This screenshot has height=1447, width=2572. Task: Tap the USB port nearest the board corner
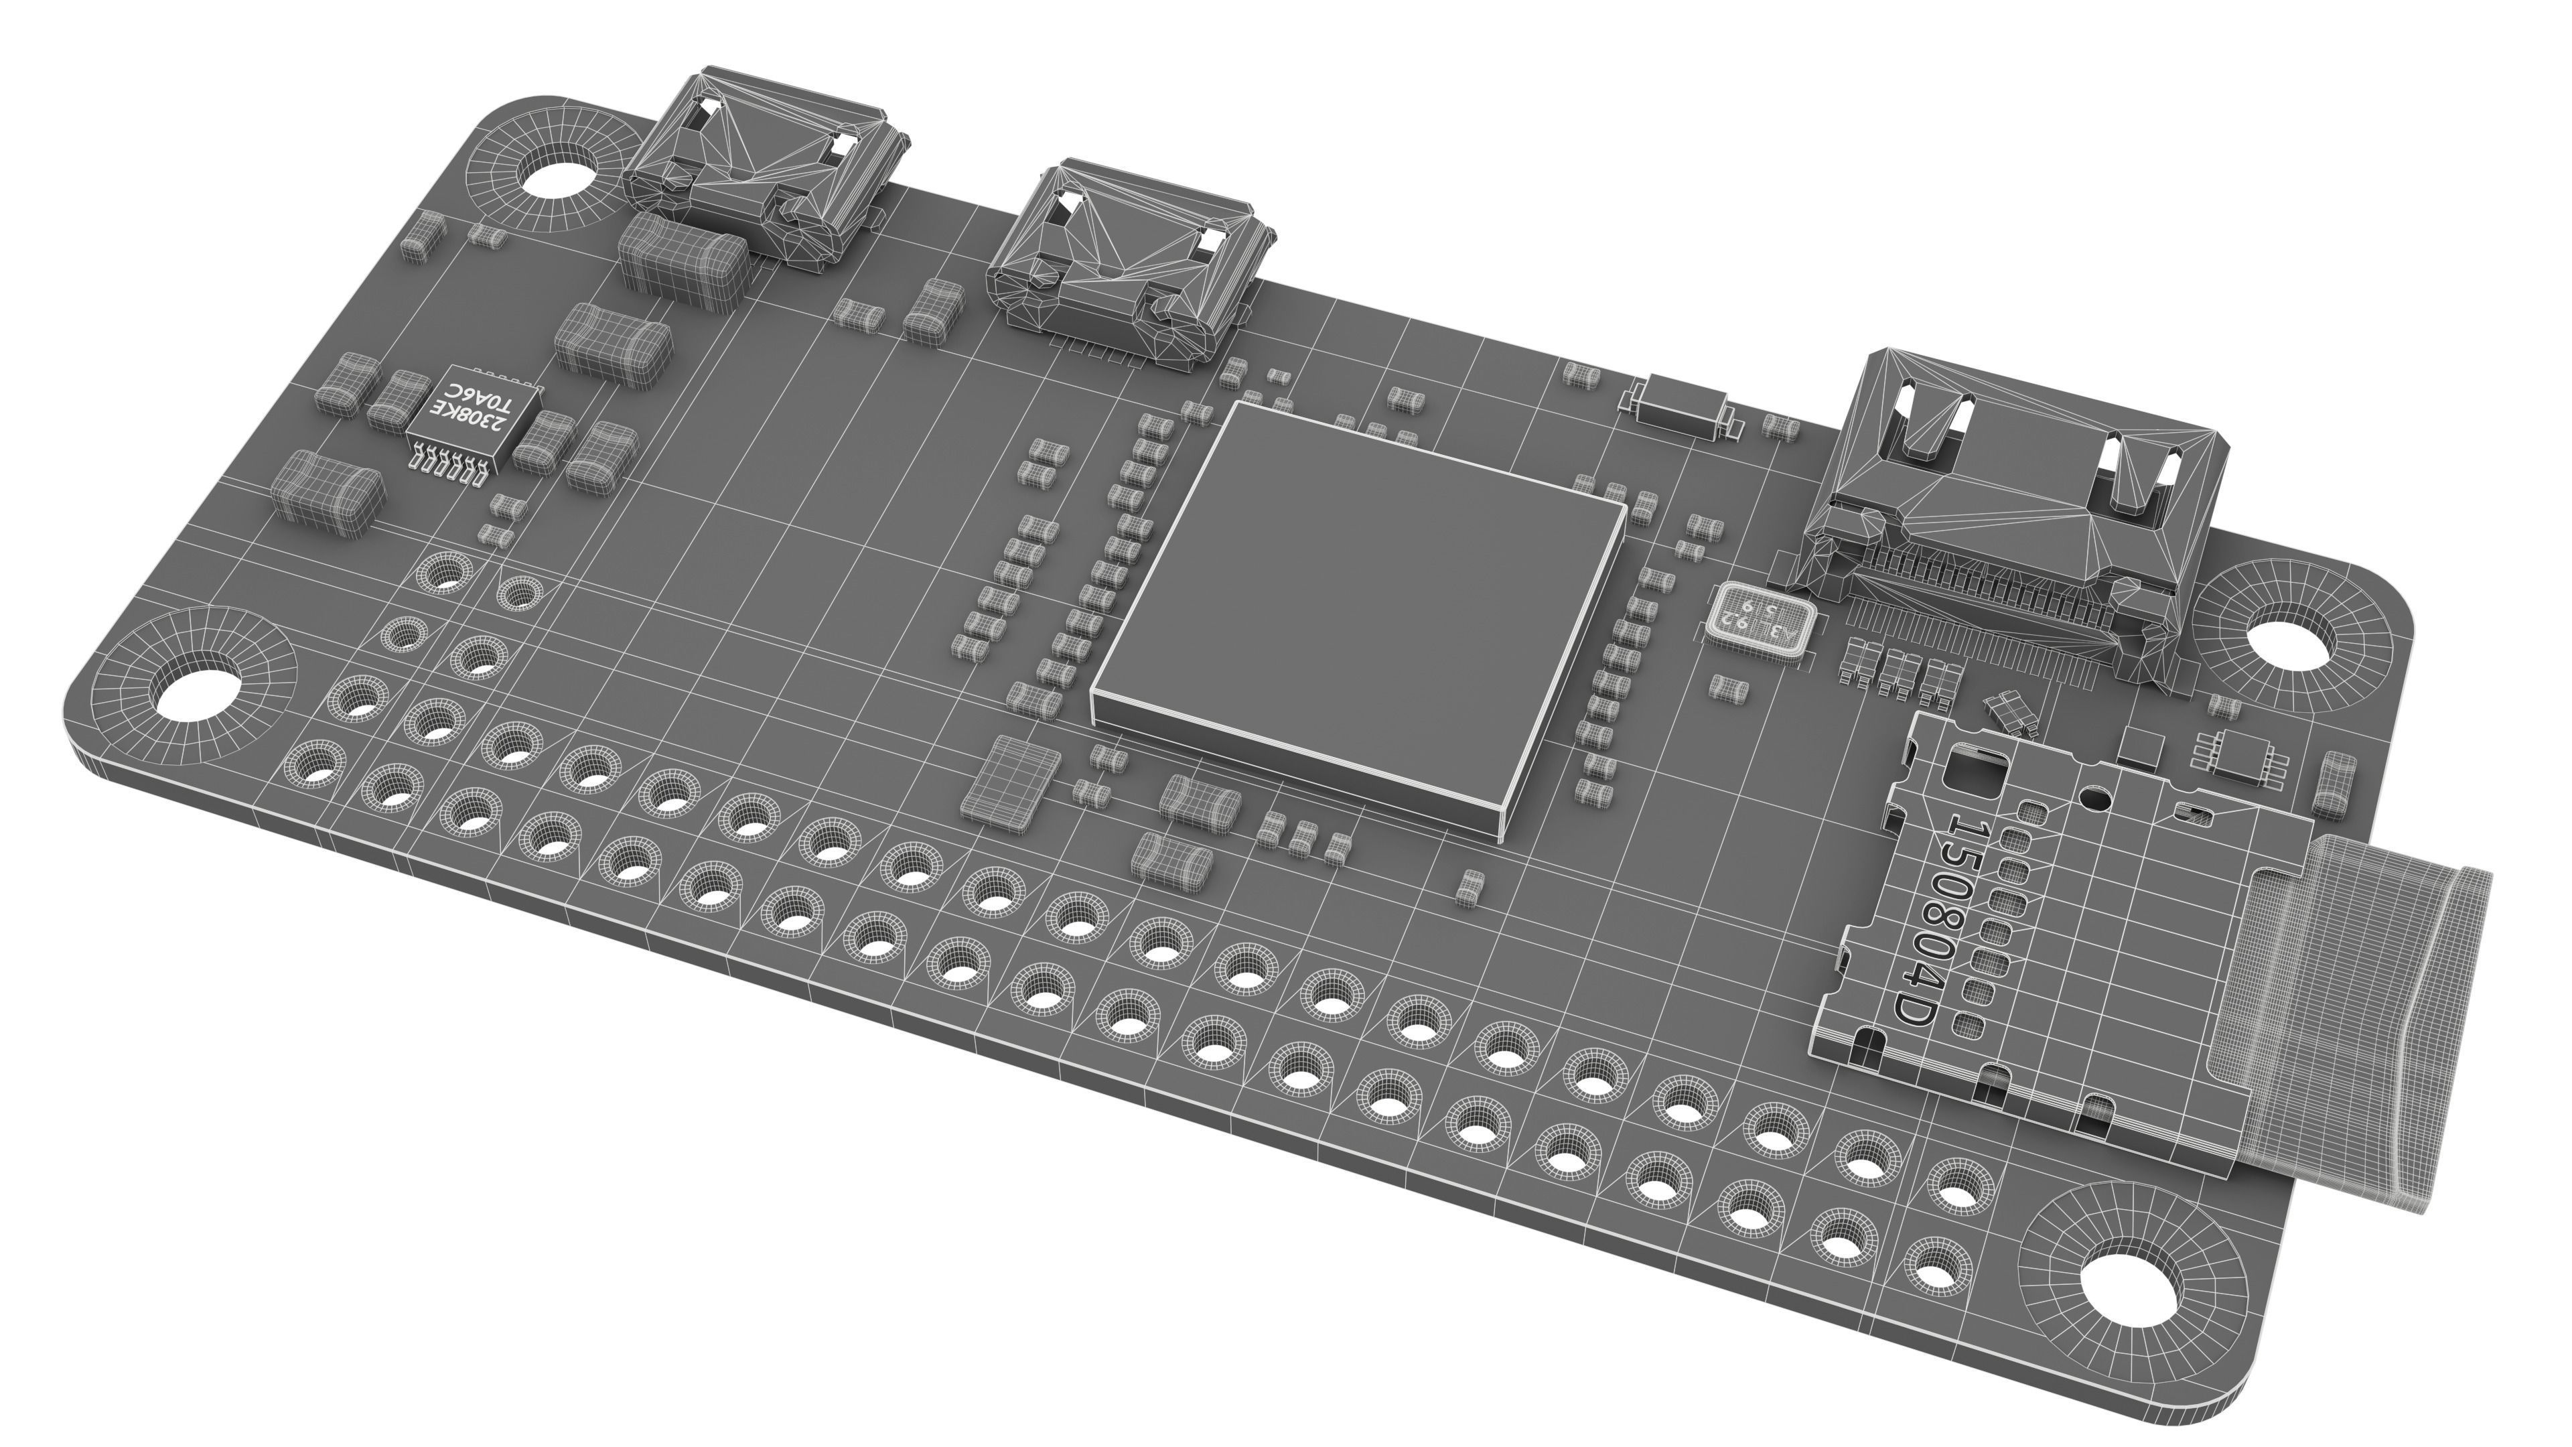(x=764, y=165)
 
